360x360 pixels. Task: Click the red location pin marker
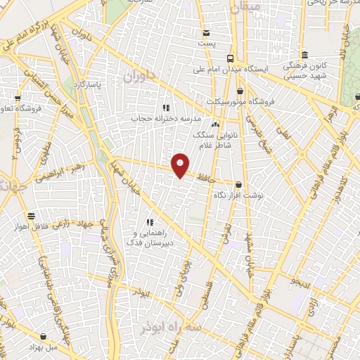point(181,165)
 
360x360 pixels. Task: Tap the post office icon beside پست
point(206,33)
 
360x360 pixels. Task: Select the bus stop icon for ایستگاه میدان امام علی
point(230,59)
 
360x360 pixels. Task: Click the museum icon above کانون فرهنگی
point(304,56)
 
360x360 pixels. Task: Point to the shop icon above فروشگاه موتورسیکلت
point(240,90)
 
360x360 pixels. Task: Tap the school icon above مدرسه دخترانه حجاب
point(166,108)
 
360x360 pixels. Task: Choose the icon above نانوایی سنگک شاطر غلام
point(214,124)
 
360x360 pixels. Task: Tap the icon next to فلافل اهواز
point(31,216)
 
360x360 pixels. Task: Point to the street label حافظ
point(204,181)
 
